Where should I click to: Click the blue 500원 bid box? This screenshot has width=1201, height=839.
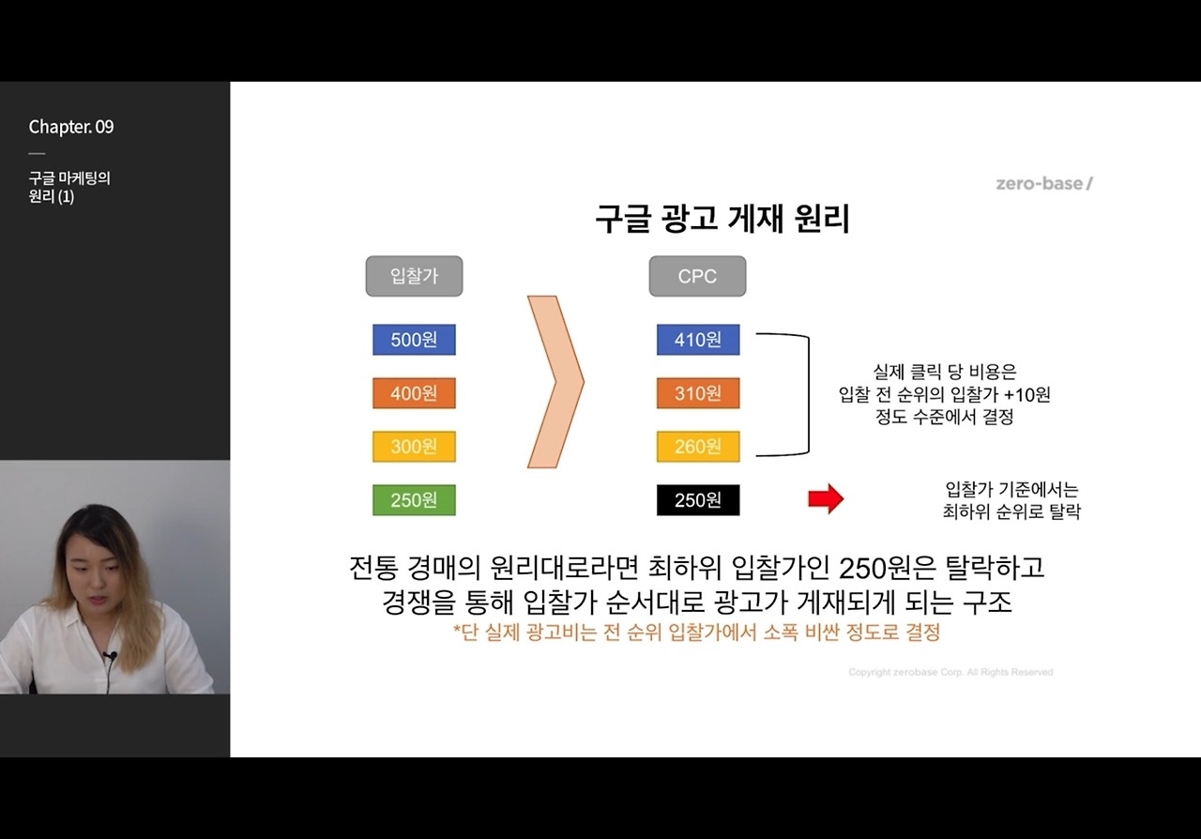click(x=414, y=340)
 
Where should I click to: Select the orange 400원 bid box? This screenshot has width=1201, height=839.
click(x=414, y=393)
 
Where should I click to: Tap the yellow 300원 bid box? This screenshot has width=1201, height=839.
click(x=414, y=447)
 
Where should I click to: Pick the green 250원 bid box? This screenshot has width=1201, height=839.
click(x=414, y=500)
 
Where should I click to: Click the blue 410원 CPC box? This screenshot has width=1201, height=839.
click(x=698, y=340)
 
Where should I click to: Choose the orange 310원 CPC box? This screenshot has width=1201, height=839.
click(x=698, y=393)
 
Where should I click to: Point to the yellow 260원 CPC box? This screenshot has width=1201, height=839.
click(x=698, y=447)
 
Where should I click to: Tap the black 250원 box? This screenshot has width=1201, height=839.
click(x=698, y=500)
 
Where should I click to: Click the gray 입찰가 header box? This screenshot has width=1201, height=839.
click(x=414, y=276)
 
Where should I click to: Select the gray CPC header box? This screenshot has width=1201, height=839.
click(x=697, y=276)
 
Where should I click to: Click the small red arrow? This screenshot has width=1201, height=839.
click(x=826, y=499)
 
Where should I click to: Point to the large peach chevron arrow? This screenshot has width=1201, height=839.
click(x=555, y=381)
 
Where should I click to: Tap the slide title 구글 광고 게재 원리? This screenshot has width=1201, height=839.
click(x=722, y=219)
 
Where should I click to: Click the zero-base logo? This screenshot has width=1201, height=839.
click(x=1044, y=184)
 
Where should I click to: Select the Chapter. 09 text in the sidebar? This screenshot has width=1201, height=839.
click(x=71, y=127)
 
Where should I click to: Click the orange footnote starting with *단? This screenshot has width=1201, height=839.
click(x=696, y=633)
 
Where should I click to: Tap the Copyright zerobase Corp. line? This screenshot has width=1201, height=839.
click(x=950, y=672)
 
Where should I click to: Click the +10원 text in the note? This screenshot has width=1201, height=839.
click(x=1026, y=395)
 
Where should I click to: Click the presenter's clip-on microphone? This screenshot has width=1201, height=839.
click(x=110, y=656)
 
